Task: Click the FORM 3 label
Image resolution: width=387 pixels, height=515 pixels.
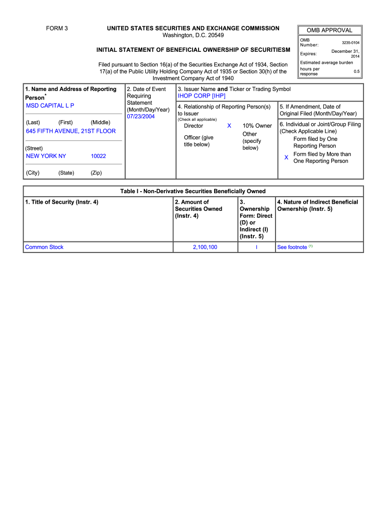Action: tap(57, 28)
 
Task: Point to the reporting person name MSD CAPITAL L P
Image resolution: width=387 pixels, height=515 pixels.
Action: tap(50, 106)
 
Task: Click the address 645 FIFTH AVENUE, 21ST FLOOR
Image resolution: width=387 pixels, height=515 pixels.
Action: tap(70, 131)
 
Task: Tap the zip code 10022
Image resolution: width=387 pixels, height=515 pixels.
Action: tap(98, 156)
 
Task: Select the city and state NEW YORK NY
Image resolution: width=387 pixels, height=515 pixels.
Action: tap(46, 156)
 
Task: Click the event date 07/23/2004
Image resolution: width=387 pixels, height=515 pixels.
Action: tap(141, 116)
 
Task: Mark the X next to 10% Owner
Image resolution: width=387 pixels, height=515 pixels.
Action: tap(229, 126)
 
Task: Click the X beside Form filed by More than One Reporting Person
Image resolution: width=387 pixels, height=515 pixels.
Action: tap(286, 157)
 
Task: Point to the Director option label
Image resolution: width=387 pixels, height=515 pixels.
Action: tap(193, 126)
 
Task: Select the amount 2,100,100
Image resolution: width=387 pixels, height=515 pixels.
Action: tap(205, 247)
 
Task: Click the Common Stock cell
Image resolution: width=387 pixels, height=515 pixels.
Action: tap(44, 247)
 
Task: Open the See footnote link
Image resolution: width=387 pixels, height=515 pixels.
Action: tap(292, 247)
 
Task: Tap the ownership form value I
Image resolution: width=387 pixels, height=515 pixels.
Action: tap(256, 247)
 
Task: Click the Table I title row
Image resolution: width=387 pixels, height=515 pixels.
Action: tap(193, 191)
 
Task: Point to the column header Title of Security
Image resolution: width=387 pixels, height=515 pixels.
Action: tap(61, 202)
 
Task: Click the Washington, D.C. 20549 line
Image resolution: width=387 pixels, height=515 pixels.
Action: tap(193, 35)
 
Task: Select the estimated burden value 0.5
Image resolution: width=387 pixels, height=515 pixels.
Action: tap(356, 71)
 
